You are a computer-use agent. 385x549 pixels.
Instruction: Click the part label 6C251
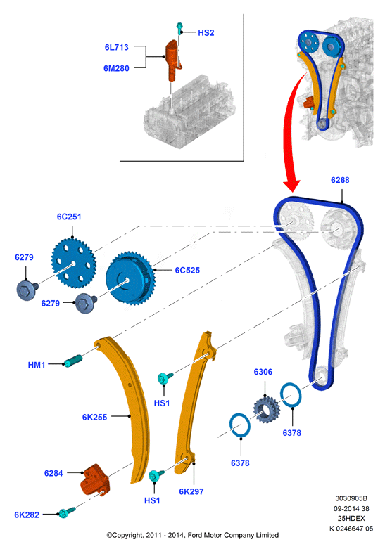[69, 217]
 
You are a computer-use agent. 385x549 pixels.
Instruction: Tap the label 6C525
[187, 271]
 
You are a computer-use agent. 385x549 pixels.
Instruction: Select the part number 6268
[340, 180]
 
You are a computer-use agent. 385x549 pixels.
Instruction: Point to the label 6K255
[95, 417]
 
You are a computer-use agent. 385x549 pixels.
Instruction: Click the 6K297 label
[191, 491]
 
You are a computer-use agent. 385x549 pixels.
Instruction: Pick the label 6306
[263, 372]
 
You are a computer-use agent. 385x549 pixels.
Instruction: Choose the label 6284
[53, 473]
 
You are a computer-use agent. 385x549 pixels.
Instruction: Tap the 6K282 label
[27, 515]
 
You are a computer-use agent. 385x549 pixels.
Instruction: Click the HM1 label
[37, 365]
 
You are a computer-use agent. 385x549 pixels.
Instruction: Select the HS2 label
[206, 33]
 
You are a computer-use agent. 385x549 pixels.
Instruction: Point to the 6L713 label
[116, 47]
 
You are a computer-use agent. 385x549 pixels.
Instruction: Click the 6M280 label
[116, 68]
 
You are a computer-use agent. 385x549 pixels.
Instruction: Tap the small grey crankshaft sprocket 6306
[267, 410]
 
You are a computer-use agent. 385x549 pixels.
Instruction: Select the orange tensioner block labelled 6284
[95, 479]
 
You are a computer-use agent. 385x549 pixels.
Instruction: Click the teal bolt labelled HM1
[73, 361]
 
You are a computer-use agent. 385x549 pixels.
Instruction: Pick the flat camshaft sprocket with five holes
[74, 263]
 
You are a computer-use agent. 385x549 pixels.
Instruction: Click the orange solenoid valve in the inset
[173, 60]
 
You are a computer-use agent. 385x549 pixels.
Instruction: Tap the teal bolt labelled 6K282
[67, 512]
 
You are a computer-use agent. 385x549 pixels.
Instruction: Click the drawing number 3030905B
[351, 498]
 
